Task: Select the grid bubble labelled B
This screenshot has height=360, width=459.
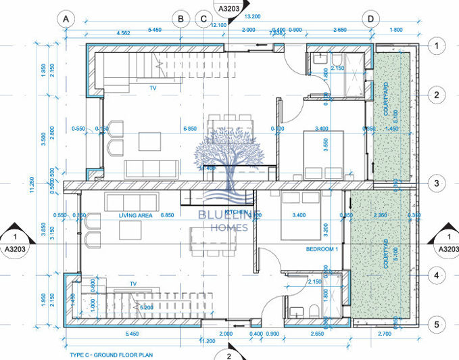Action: [x=180, y=19]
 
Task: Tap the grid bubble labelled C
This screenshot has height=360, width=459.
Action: [x=203, y=19]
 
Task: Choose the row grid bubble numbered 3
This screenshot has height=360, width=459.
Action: [x=437, y=183]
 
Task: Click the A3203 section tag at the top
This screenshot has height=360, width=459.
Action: [x=229, y=7]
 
